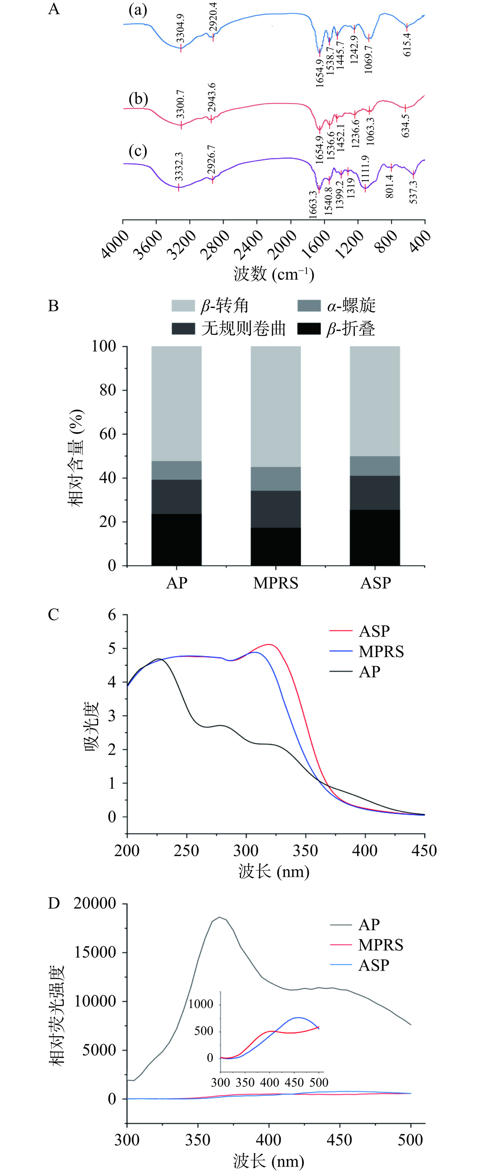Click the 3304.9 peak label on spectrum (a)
click(x=181, y=28)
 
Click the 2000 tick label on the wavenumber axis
click(x=283, y=244)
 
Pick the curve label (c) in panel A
click(x=138, y=150)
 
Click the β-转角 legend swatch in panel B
click(x=183, y=305)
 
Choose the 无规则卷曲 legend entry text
click(x=243, y=328)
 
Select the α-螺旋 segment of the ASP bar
click(x=375, y=466)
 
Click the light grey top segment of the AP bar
click(x=177, y=403)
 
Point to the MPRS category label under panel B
click(x=276, y=583)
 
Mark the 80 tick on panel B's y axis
click(x=108, y=390)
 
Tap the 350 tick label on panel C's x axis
click(x=305, y=850)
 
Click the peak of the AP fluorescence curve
click(x=219, y=917)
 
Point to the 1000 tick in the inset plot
click(x=201, y=1004)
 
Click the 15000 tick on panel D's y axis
click(x=95, y=952)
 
